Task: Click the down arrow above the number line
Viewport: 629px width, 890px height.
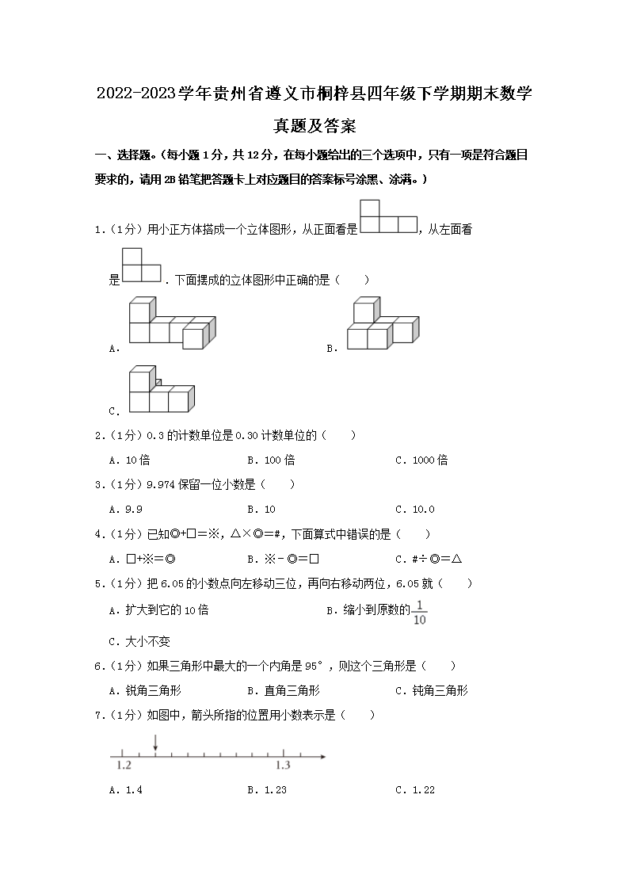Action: pos(155,743)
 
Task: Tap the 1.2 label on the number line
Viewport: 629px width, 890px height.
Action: pos(124,766)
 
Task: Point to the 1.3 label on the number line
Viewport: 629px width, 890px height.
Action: pos(283,766)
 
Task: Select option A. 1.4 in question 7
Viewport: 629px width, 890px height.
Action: pos(126,789)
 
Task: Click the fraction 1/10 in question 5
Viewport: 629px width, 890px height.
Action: pos(420,613)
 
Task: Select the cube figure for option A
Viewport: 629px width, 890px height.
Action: pos(173,322)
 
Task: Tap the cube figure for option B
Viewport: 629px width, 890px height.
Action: pos(382,323)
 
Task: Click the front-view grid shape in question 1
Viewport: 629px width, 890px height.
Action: pos(388,216)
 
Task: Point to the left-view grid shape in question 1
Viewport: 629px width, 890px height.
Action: pos(142,265)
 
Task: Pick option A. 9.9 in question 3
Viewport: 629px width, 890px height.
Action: pos(128,509)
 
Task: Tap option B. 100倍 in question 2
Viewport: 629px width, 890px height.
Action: pos(271,460)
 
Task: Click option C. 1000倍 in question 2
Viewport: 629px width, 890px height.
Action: pos(421,460)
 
